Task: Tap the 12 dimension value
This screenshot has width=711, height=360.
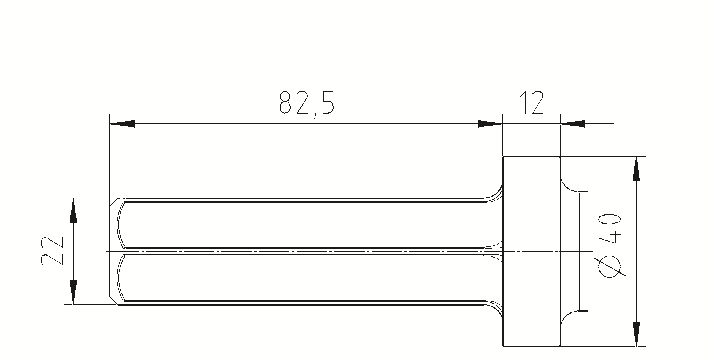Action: coord(532,102)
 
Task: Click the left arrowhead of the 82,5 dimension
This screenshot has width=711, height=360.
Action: coord(122,124)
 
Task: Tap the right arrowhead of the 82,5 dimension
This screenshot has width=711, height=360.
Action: coord(490,124)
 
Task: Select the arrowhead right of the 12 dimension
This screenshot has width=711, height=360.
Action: coord(573,124)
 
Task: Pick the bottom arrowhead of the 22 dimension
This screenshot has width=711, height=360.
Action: coord(73,292)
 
